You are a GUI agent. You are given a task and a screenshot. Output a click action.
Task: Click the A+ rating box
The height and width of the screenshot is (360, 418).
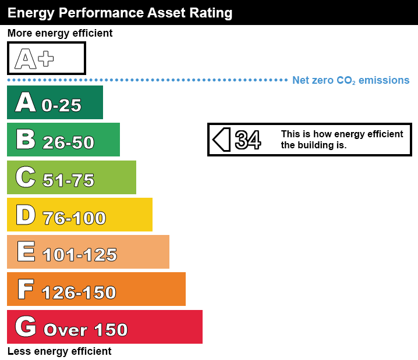pos(47,58)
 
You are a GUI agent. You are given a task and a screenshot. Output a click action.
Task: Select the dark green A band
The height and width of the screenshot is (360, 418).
pos(55,103)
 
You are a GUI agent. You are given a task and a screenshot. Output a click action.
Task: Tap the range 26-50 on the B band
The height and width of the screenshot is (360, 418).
pos(68,142)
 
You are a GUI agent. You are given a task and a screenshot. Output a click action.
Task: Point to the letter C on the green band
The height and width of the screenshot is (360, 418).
pos(26,177)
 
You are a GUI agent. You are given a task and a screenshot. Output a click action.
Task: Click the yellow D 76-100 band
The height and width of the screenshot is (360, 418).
pos(79,215)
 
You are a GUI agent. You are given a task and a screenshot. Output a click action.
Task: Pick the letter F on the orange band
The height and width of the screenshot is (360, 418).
pos(25,289)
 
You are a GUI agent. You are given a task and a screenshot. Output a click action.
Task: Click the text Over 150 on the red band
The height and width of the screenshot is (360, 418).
pos(86,330)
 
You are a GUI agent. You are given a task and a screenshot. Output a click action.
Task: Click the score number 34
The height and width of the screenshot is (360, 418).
pos(248,140)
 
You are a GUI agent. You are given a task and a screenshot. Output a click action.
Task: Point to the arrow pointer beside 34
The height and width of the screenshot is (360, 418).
pos(222,140)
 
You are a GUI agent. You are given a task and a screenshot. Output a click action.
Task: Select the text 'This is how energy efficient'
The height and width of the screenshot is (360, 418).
pos(342,134)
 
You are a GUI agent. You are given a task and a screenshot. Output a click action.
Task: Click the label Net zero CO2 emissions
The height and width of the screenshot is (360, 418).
pos(350,80)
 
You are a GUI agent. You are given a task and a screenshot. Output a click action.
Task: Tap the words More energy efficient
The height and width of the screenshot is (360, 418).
pos(60,33)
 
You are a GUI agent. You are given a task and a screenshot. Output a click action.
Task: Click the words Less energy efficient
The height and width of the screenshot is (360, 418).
pos(59,351)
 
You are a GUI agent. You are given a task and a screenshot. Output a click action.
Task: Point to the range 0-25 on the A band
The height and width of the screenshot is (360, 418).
pos(61,105)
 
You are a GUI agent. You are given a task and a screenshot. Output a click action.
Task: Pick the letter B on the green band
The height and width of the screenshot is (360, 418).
pos(26,140)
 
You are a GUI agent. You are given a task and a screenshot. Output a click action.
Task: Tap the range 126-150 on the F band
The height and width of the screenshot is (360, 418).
pos(79,292)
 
